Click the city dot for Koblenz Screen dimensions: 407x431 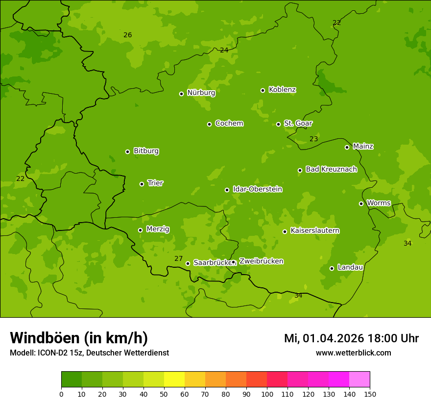click(x=263, y=90)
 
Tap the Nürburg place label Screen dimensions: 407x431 click(x=201, y=93)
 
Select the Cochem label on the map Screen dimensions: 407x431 click(x=229, y=123)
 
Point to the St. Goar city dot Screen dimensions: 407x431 click(x=278, y=124)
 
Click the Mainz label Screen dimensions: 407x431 click(x=363, y=146)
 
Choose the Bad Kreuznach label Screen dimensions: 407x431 click(x=331, y=169)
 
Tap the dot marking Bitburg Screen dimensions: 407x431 click(x=127, y=152)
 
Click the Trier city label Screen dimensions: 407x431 click(x=155, y=183)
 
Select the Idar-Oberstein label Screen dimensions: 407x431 click(x=258, y=189)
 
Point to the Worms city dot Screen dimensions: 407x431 click(x=361, y=203)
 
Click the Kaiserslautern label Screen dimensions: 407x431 click(x=315, y=230)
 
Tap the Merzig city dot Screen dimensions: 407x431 click(x=140, y=230)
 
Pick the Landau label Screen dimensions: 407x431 click(x=350, y=267)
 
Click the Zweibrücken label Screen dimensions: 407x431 click(x=261, y=261)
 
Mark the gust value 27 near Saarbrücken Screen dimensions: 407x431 click(x=178, y=258)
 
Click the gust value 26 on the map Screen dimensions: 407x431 click(x=127, y=35)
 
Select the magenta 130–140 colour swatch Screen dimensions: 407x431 click(x=339, y=380)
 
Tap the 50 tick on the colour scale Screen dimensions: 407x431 click(x=164, y=394)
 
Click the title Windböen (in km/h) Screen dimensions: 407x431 click(x=79, y=338)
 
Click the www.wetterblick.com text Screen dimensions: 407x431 click(x=353, y=353)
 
